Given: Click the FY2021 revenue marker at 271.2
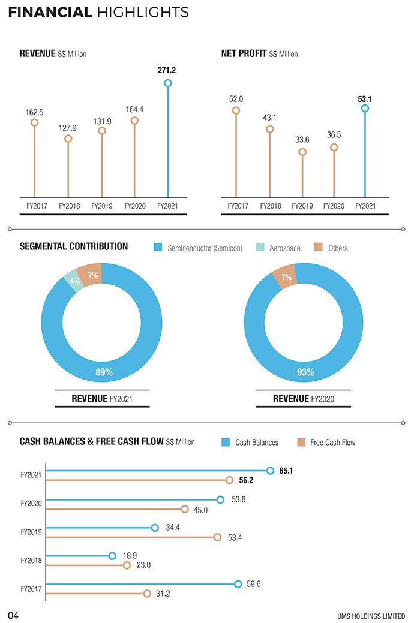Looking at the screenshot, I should pos(167,83).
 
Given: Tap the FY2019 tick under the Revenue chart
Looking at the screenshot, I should pos(101,206).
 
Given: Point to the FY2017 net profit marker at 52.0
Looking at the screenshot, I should pos(236,110).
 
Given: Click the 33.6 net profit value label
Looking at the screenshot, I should pos(302,140).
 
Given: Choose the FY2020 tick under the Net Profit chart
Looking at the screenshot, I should pos(334,206).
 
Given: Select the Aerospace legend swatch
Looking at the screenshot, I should pos(260,248).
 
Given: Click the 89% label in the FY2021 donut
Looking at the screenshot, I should pos(104,372).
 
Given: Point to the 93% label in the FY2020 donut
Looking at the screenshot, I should pos(305,372).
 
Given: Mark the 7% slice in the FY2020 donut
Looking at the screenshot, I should pos(286,278).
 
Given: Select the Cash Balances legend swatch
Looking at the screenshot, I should pos(226,443).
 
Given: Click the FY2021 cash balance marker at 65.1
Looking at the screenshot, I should pos(270,471).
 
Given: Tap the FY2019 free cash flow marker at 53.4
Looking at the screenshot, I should pos(218,537).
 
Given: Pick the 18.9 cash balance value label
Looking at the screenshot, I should pos(130,556).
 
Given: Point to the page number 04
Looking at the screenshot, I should pos(14,615).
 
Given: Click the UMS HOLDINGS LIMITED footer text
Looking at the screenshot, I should pos(371,616).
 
